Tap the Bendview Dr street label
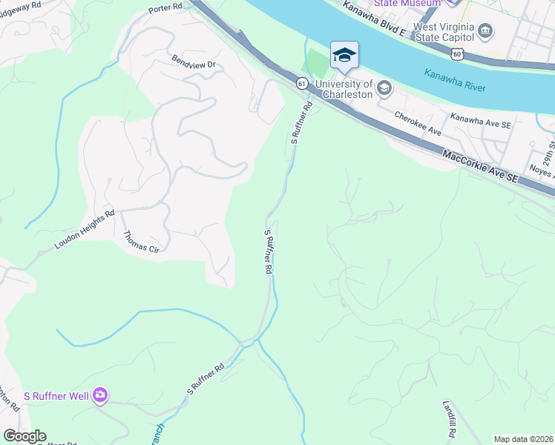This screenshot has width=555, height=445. pos(193,64)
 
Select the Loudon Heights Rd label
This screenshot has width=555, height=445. pos(85,229)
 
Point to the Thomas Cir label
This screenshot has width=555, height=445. pos(141,242)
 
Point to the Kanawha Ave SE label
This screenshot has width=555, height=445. pos(481,121)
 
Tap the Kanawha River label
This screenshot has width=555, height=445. pos(455,81)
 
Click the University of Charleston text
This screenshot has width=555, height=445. pos(344,89)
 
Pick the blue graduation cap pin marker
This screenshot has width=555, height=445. pos(344,56)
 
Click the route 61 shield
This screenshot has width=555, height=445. pos(302,84)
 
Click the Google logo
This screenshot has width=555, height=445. pos(24,436)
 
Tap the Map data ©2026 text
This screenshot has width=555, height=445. pos(523,439)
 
